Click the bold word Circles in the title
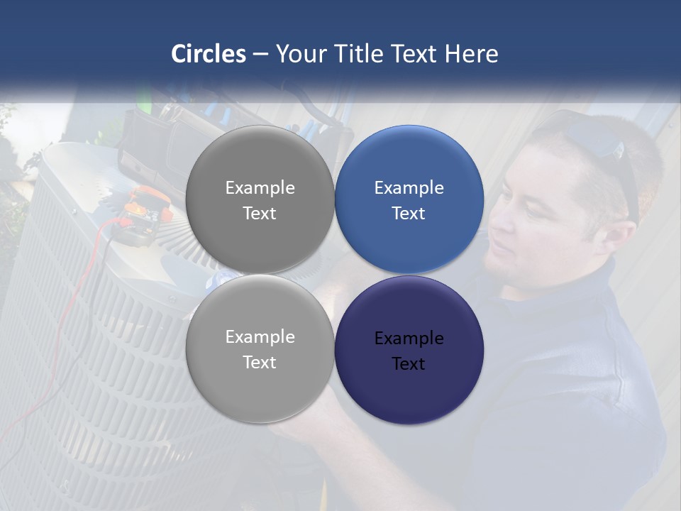pyautogui.click(x=208, y=54)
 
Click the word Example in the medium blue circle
pyautogui.click(x=409, y=188)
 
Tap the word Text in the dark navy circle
pyautogui.click(x=409, y=363)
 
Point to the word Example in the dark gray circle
pyautogui.click(x=260, y=188)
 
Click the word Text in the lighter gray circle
pyautogui.click(x=260, y=362)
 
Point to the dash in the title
pyautogui.click(x=260, y=55)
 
